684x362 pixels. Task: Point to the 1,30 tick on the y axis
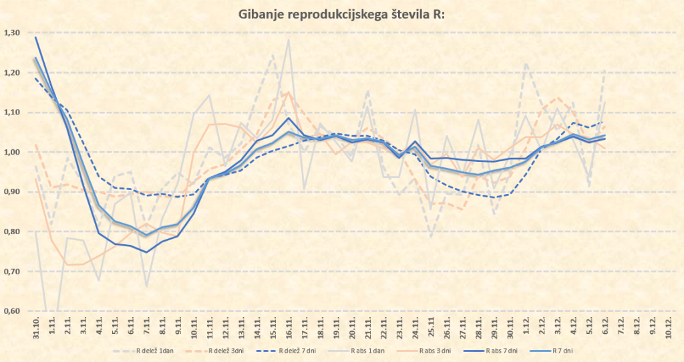pyautogui.click(x=12, y=33)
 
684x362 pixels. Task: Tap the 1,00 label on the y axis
pyautogui.click(x=12, y=152)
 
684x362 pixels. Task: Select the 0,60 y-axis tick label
pyautogui.click(x=12, y=311)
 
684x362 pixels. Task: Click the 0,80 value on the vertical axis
pyautogui.click(x=12, y=232)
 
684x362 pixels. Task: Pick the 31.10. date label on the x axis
pyautogui.click(x=35, y=328)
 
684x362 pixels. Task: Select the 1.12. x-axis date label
pyautogui.click(x=526, y=328)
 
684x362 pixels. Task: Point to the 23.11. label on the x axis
pyautogui.click(x=399, y=328)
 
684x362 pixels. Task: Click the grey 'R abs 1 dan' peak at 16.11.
pyautogui.click(x=289, y=40)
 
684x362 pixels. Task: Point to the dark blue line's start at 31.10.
pyautogui.click(x=35, y=37)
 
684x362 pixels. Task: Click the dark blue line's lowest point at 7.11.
pyautogui.click(x=146, y=252)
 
